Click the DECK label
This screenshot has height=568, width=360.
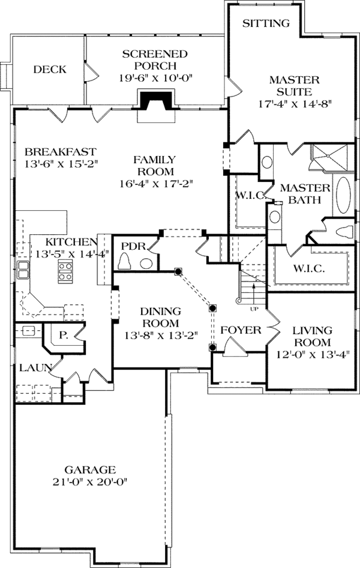(49, 70)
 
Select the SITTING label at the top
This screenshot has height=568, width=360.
(266, 23)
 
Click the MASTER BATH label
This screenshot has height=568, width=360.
(305, 194)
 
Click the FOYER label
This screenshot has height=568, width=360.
(241, 330)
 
